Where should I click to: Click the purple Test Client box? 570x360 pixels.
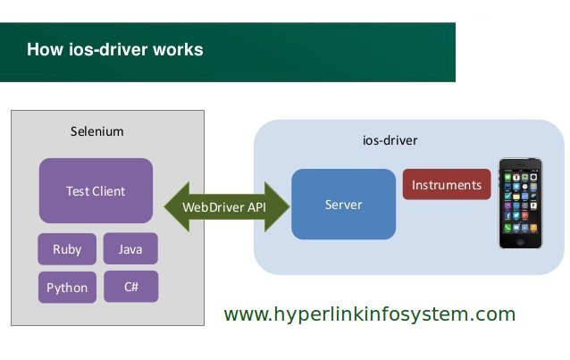point(96,190)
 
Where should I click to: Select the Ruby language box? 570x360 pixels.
point(67,249)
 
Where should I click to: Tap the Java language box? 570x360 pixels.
point(130,248)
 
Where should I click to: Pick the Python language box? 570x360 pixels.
point(67,288)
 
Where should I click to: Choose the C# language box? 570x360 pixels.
point(130,287)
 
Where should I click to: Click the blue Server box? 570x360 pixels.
point(344,204)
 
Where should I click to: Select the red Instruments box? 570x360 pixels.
point(447,184)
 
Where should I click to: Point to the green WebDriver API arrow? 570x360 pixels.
point(227,207)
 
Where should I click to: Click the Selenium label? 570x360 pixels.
point(97,131)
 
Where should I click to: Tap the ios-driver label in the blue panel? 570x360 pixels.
point(390,140)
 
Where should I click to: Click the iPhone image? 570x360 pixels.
point(521,204)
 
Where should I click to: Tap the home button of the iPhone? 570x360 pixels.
point(521,241)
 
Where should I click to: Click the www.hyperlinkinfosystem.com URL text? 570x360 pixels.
point(370,314)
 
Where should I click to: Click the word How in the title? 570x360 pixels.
point(45,49)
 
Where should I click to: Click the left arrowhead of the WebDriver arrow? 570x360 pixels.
point(176,207)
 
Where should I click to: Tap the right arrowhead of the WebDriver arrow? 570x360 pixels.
point(277,207)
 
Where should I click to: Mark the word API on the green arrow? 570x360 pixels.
point(256,207)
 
